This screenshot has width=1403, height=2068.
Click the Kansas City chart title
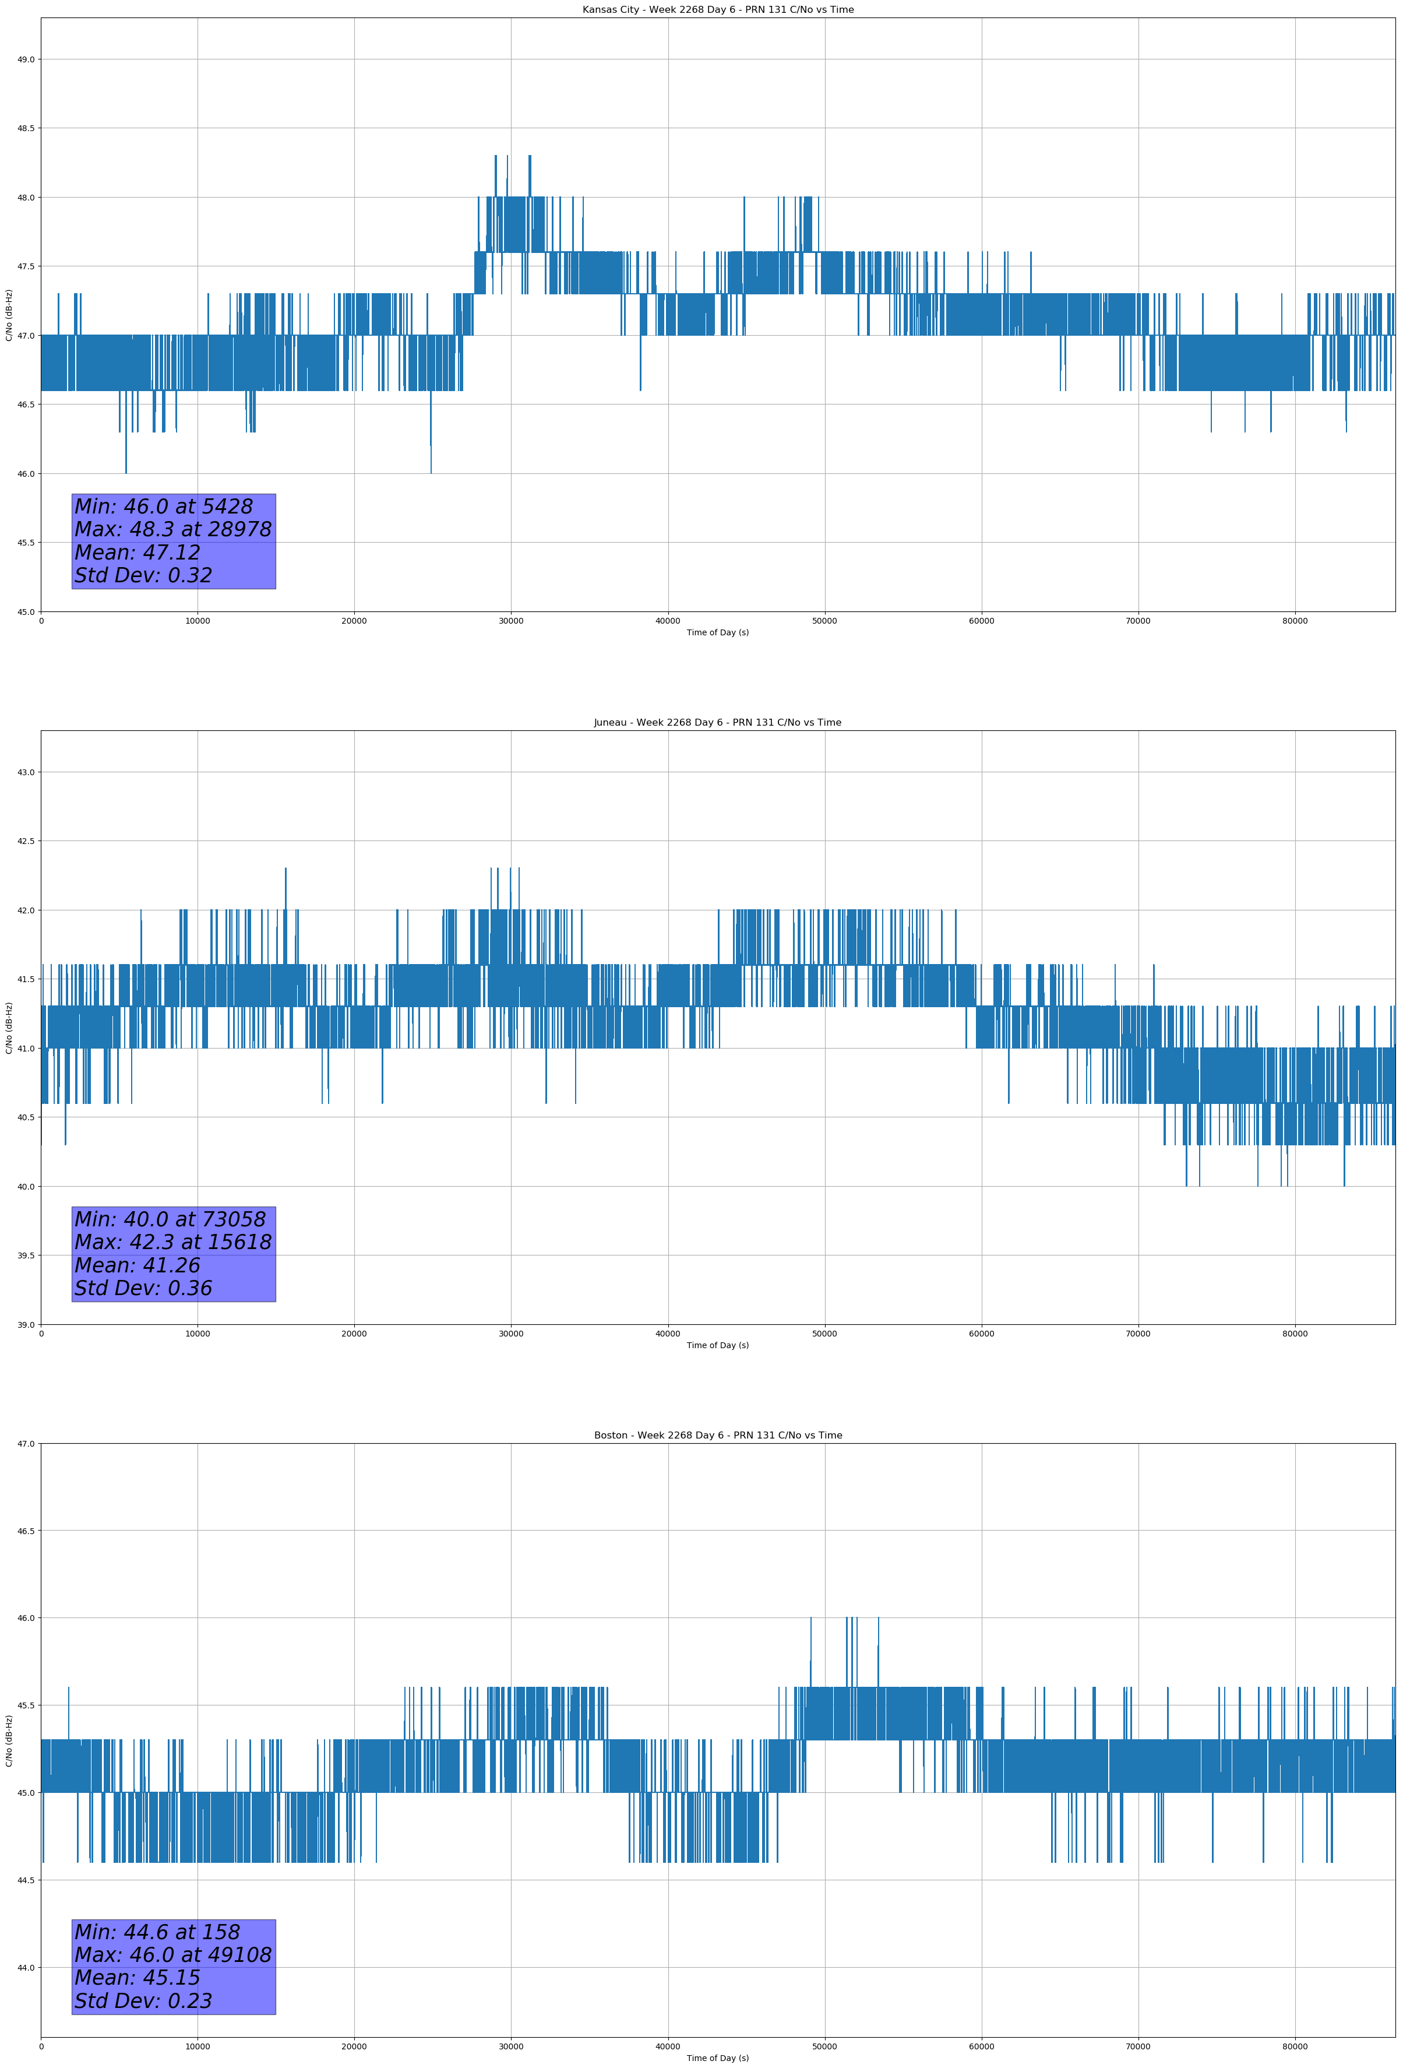[717, 10]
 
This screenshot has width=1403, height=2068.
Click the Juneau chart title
[717, 723]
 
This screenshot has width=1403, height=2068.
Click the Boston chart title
[717, 1436]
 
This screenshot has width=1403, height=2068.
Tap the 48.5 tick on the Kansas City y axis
[26, 128]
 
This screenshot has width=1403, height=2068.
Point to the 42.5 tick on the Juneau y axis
[26, 841]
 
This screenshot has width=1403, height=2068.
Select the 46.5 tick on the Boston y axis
[26, 1531]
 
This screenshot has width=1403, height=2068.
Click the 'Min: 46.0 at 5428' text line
[164, 507]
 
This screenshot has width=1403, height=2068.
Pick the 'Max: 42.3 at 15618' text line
[172, 1242]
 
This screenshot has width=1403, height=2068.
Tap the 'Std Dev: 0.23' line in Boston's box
[143, 2001]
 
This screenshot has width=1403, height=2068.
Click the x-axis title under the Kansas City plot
[717, 632]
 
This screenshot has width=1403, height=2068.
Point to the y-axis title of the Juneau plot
[9, 1028]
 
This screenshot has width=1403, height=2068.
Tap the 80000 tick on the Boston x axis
[1295, 2046]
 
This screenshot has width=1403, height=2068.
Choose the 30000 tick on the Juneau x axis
[510, 1333]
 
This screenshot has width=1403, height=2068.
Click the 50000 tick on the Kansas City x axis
[824, 621]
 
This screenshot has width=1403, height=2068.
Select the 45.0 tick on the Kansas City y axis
[26, 611]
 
